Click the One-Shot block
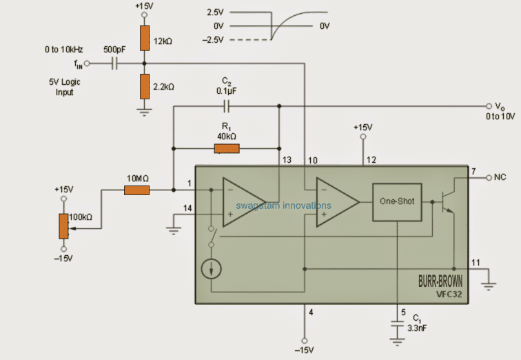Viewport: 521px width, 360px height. pyautogui.click(x=397, y=202)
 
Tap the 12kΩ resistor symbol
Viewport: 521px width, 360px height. pyautogui.click(x=143, y=39)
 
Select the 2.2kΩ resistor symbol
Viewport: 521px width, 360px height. pyautogui.click(x=143, y=86)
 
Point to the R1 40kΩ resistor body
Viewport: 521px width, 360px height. pyautogui.click(x=226, y=148)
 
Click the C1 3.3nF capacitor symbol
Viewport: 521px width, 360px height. pyautogui.click(x=398, y=331)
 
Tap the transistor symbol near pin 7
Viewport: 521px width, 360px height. pyautogui.click(x=447, y=202)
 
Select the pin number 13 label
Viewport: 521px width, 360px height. pyautogui.click(x=287, y=160)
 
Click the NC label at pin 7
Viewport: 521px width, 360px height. pyautogui.click(x=500, y=177)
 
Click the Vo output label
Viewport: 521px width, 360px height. pyautogui.click(x=500, y=106)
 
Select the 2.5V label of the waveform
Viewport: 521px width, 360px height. pyautogui.click(x=216, y=12)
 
